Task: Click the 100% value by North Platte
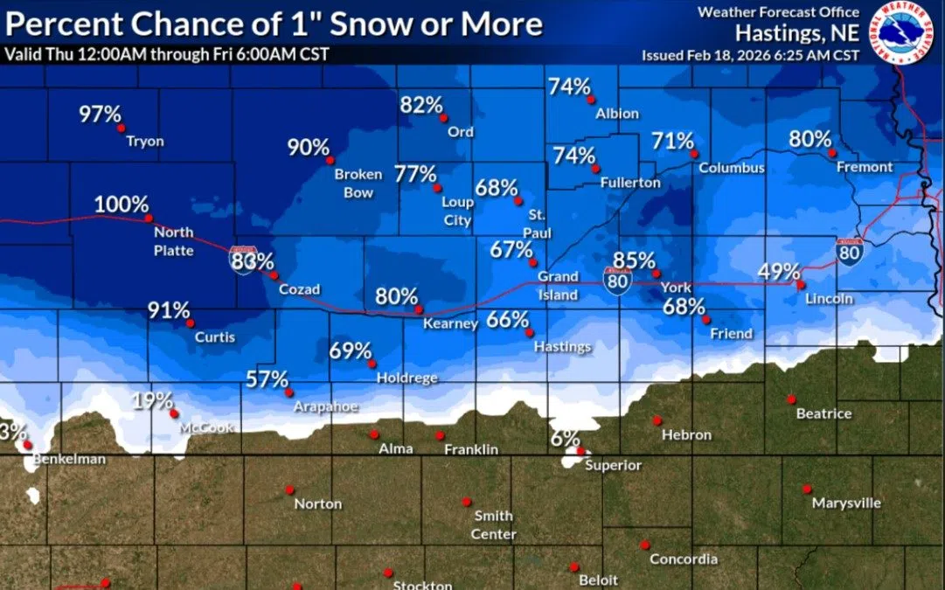tap(122, 205)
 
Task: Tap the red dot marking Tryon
tap(122, 128)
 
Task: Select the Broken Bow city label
tap(358, 183)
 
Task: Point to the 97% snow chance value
tap(100, 114)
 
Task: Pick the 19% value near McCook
tap(153, 402)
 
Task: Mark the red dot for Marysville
tap(807, 489)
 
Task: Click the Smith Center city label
tap(494, 524)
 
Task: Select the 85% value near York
tap(634, 260)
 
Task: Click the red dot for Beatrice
tap(790, 399)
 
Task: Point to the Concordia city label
tap(684, 559)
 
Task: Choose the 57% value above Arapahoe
tap(268, 379)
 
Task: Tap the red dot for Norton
tap(288, 489)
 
